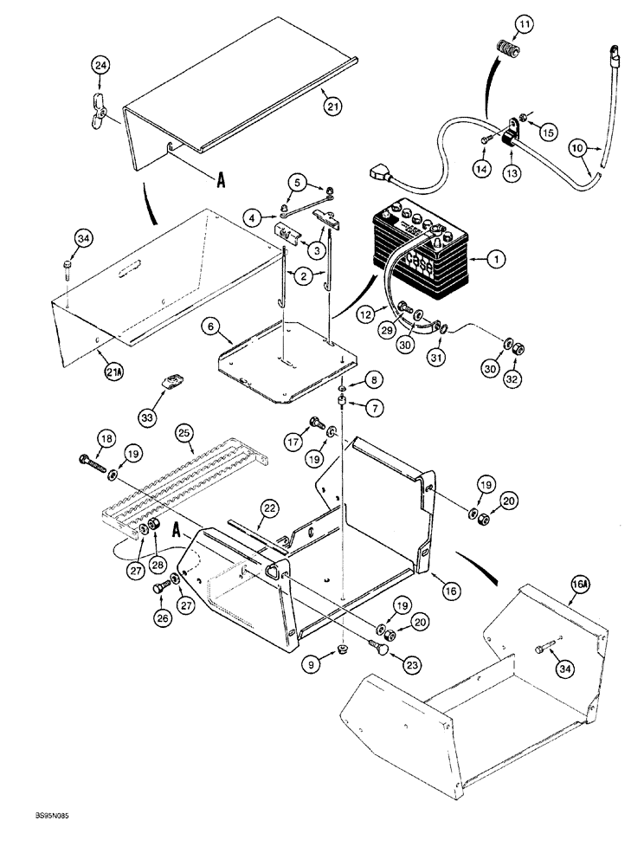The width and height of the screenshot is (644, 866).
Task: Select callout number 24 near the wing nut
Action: [x=101, y=66]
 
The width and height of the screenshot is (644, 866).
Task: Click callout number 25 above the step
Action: [x=184, y=430]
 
